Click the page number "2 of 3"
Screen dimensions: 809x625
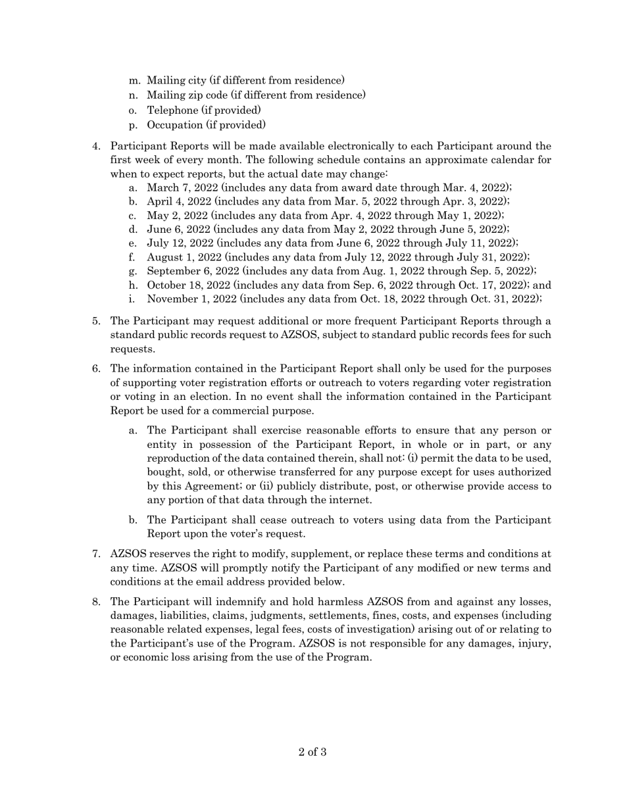(x=312, y=752)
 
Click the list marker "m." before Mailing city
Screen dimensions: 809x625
(x=135, y=80)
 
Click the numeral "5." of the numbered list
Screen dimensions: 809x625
(x=96, y=321)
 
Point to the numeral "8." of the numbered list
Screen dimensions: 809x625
(x=96, y=602)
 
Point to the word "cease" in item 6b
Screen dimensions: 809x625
(x=253, y=520)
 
